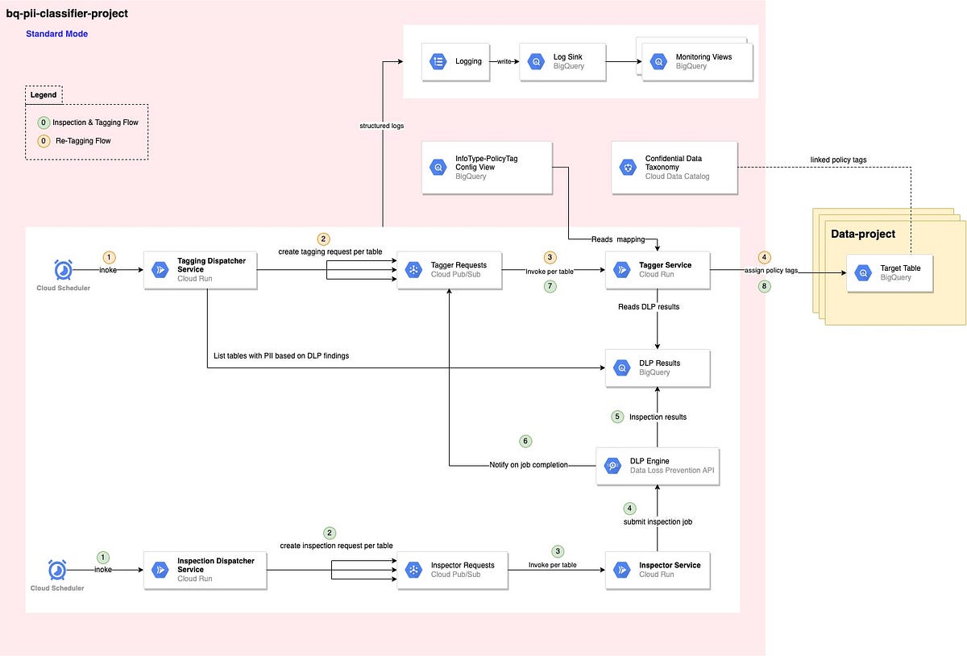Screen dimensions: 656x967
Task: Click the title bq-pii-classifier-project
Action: point(67,14)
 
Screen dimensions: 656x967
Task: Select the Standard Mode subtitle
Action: point(56,34)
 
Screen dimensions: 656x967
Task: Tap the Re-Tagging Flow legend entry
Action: point(81,141)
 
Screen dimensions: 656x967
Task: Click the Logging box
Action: point(455,60)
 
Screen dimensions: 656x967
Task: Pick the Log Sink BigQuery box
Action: point(562,61)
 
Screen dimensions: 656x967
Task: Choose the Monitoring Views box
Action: point(697,61)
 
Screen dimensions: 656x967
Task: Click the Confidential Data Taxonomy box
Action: point(674,168)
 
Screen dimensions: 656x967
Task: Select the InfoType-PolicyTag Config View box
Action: point(487,168)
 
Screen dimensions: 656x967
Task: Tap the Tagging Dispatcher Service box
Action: point(200,270)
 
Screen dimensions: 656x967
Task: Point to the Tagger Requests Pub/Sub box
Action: point(449,270)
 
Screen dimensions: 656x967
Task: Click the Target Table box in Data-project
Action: point(889,272)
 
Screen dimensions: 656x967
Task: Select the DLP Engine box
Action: point(656,466)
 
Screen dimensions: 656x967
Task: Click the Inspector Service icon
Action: point(621,570)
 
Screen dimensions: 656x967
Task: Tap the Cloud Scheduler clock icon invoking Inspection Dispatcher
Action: point(57,570)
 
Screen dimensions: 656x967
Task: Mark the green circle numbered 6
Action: point(526,442)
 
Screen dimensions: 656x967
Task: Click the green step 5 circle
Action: point(617,417)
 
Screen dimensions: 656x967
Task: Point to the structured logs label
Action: point(382,126)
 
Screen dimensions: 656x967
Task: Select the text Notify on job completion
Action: point(529,465)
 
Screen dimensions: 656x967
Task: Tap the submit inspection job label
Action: point(657,521)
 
